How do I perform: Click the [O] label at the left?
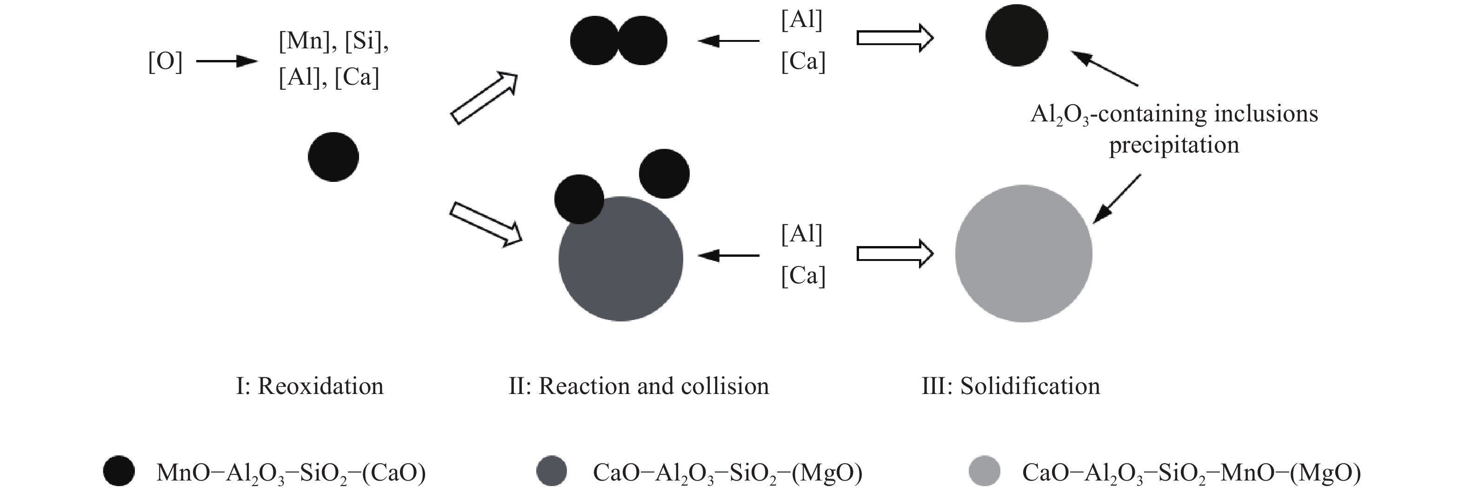point(165,61)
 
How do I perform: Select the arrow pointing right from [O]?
point(226,61)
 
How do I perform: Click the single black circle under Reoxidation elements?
point(333,157)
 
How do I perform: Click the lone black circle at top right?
point(1016,35)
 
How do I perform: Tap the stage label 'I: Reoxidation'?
point(309,387)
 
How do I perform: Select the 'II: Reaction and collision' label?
point(638,387)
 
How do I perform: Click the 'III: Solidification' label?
point(1011,387)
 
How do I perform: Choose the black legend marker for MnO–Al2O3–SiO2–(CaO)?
point(119,471)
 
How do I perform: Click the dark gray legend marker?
point(551,471)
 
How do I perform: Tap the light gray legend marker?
point(983,471)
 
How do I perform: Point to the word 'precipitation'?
point(1174,145)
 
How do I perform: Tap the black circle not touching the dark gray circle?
point(664,174)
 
